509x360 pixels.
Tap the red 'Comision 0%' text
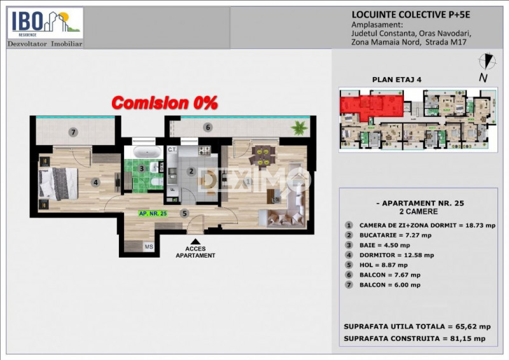(165, 102)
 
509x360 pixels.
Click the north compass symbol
(487, 62)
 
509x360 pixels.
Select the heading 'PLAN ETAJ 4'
(396, 80)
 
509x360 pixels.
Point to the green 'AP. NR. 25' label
(153, 214)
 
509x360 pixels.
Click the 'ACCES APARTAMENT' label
(195, 252)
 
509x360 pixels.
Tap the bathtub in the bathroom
(147, 152)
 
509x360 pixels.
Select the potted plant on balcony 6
(298, 128)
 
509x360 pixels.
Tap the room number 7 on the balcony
(74, 132)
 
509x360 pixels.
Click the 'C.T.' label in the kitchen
(172, 149)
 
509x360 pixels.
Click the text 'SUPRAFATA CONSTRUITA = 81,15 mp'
(414, 338)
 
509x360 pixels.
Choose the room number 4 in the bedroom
(95, 183)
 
